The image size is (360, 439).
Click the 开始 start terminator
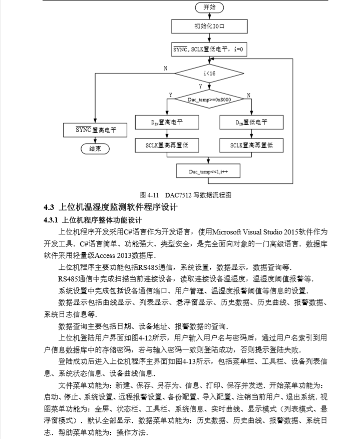point(209,8)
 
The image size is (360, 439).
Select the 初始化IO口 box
point(209,26)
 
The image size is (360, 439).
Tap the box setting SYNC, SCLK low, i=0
point(209,50)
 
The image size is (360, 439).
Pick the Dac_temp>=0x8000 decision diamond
point(209,100)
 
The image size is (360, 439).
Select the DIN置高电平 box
point(167,123)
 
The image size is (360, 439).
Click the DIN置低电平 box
point(251,123)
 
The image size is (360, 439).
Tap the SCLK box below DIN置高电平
point(167,145)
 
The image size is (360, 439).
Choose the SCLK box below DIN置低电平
point(251,145)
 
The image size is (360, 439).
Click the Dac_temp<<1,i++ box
point(209,171)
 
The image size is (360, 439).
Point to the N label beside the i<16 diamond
point(165,68)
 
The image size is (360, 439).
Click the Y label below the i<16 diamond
point(201,87)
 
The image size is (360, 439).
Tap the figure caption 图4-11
point(149,195)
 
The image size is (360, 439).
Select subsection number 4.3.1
point(52,220)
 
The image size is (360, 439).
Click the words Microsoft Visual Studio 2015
point(254,232)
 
